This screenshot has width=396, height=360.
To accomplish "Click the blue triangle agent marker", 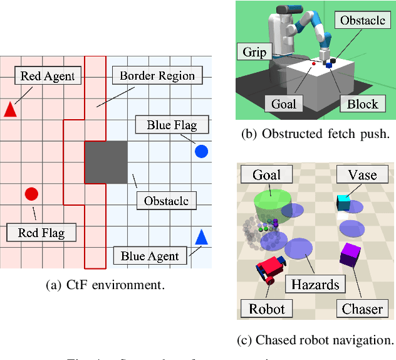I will [201, 237].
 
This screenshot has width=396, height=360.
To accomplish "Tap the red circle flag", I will [31, 194].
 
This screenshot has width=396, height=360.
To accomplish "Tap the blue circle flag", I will [201, 151].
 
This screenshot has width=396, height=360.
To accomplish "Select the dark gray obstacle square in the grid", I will [106, 162].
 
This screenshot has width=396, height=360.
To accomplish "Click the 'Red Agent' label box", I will [48, 77].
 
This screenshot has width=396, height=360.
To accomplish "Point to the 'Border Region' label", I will [157, 77].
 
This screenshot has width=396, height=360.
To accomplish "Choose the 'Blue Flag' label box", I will [171, 125].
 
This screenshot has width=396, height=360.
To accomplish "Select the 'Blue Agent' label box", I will [150, 255].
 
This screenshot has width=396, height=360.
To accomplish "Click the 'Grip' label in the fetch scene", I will [254, 52].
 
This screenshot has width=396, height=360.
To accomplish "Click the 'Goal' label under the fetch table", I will [284, 103].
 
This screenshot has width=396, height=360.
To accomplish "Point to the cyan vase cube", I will [343, 202].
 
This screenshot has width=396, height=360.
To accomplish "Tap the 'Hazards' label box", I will [315, 284].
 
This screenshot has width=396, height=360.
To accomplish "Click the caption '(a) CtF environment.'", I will [105, 284].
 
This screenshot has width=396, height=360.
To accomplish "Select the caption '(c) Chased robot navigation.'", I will [315, 340].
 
